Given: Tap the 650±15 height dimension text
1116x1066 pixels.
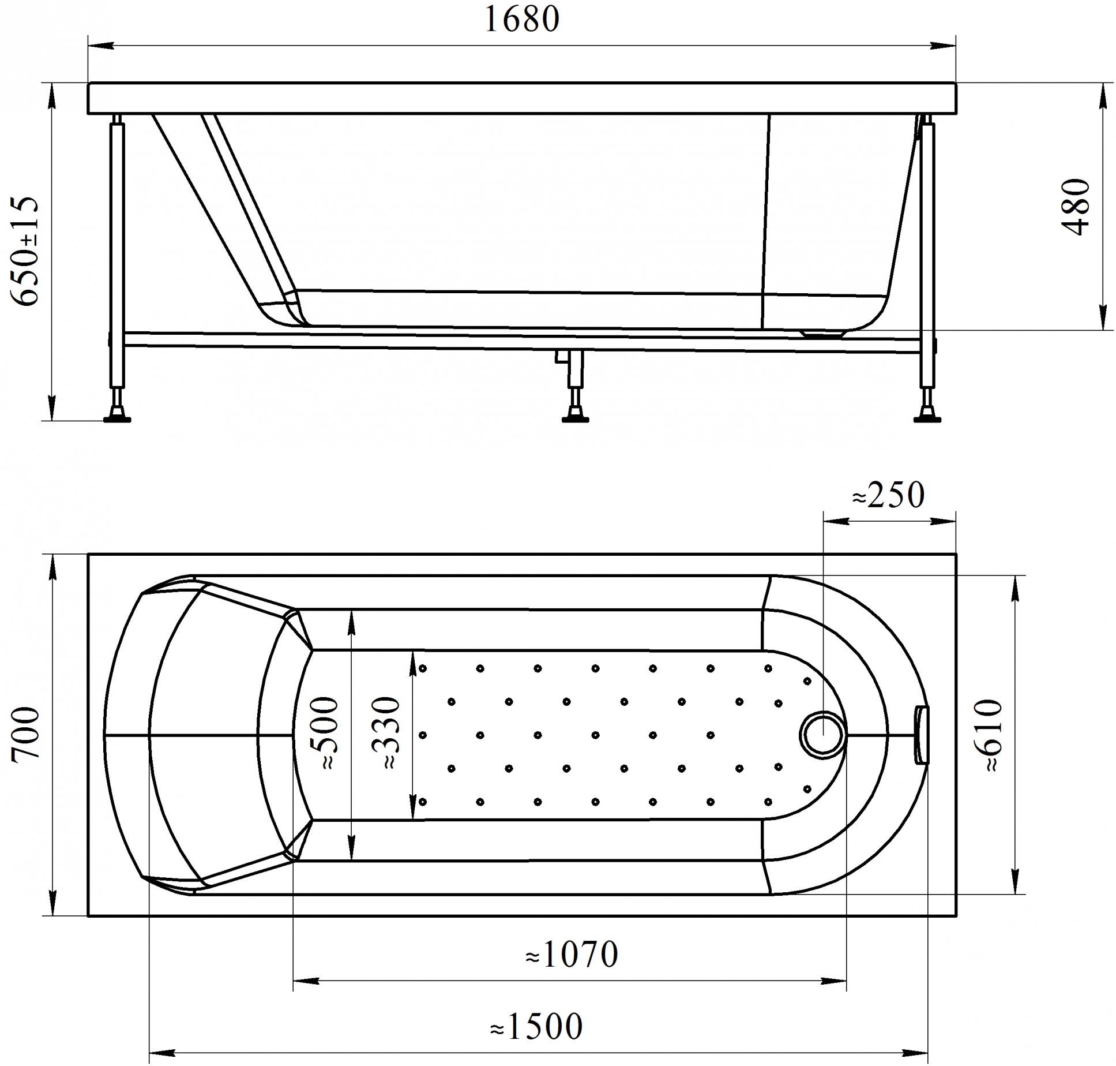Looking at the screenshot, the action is [x=25, y=251].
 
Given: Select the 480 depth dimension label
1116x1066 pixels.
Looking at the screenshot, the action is [x=1076, y=207].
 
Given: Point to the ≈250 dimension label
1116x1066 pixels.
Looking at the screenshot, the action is [x=888, y=495].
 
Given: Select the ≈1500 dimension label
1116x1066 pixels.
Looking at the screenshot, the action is [x=537, y=1024].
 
